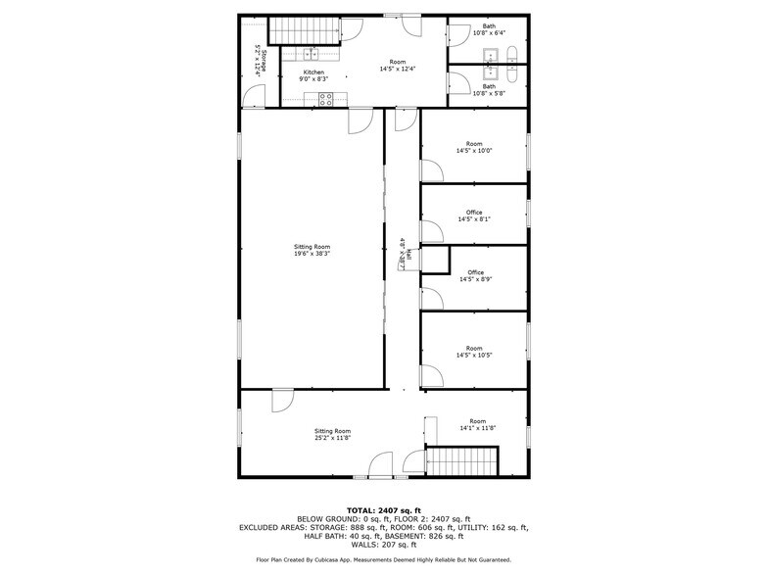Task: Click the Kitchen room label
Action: tap(313, 72)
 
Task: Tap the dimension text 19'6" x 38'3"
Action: tap(312, 254)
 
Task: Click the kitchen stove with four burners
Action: tap(327, 97)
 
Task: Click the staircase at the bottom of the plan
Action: tap(462, 460)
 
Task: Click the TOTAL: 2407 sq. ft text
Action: tap(384, 510)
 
